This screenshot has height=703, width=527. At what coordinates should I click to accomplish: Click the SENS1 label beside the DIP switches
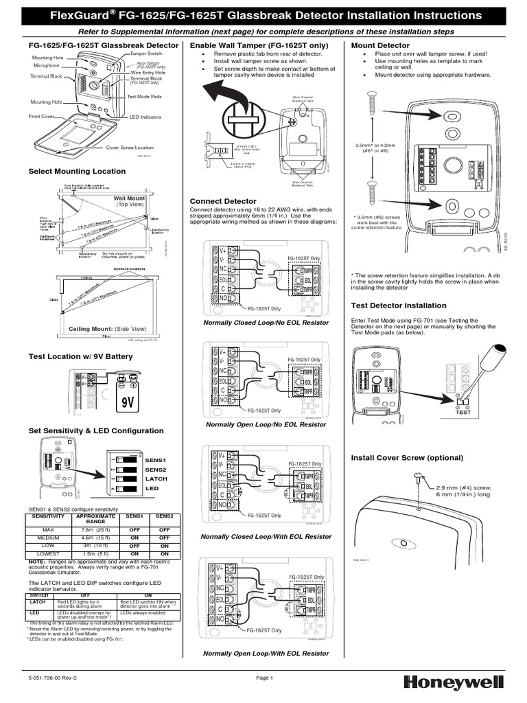tap(155, 459)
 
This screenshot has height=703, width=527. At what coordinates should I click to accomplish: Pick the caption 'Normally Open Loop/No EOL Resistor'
tap(266, 425)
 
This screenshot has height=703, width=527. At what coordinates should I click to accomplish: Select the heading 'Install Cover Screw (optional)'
tap(407, 457)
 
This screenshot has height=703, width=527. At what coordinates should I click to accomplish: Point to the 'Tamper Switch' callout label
tap(146, 54)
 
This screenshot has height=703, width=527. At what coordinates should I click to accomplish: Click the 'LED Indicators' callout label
tap(145, 117)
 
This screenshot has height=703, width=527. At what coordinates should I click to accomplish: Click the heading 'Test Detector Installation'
tap(398, 306)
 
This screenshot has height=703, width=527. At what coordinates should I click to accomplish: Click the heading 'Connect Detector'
tap(223, 201)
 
